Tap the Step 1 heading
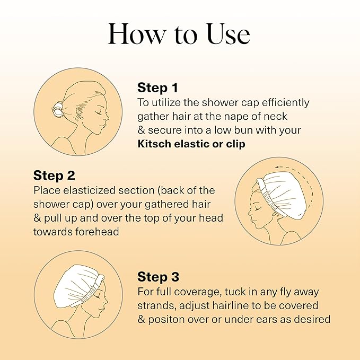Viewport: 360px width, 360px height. tap(157, 88)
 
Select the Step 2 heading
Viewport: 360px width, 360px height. tap(54, 175)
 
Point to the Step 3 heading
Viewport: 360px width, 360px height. tap(158, 277)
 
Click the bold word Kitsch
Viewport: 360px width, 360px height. tap(154, 144)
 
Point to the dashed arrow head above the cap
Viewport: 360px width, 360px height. tap(278, 167)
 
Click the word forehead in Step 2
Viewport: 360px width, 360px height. tap(97, 232)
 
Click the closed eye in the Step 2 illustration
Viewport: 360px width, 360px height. tap(259, 209)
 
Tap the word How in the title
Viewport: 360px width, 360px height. tap(137, 33)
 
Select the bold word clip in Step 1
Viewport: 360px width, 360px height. tap(236, 144)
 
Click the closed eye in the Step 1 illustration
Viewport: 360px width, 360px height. tap(99, 112)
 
